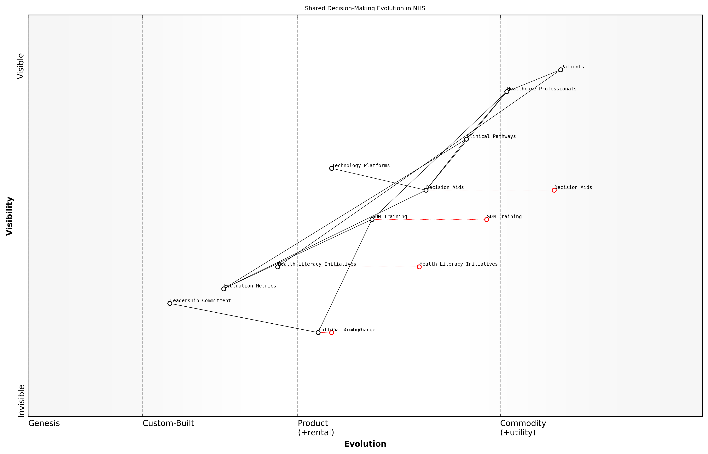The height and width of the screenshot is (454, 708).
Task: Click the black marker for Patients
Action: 560,70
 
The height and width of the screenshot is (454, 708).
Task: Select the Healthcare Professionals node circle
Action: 507,92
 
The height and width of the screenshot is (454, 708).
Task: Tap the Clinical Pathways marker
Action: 466,139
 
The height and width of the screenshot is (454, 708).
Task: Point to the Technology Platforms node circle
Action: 332,168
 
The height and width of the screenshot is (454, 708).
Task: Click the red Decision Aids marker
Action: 554,190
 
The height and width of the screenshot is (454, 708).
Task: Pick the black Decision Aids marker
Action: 426,190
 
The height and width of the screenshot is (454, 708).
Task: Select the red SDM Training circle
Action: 486,220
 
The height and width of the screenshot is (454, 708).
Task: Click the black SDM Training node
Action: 372,220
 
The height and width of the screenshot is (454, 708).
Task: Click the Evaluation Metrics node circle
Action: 224,289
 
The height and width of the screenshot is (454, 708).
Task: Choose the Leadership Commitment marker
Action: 170,303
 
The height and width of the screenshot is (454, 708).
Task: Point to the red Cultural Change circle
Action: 332,332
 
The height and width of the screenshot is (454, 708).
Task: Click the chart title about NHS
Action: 365,8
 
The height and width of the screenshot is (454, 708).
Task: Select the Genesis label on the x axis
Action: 44,423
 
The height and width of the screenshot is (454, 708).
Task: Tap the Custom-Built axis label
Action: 168,423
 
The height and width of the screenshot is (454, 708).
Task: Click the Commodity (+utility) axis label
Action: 523,428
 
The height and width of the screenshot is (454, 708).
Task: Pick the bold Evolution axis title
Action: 365,444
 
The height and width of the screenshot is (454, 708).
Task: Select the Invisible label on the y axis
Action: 21,401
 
